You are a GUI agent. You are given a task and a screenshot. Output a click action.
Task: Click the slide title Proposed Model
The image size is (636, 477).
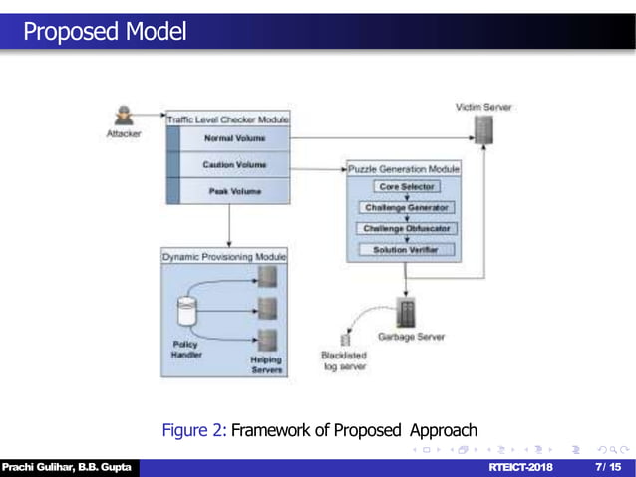pos(105,32)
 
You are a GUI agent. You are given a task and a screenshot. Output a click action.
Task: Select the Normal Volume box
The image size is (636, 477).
pos(234,138)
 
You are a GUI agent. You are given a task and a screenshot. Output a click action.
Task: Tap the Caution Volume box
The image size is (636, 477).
pos(234,164)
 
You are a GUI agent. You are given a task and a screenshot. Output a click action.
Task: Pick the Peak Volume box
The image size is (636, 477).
pos(234,190)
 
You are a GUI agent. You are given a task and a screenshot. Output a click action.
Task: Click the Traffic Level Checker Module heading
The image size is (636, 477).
pos(228,119)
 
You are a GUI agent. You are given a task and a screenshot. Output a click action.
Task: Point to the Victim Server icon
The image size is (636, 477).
pos(483,128)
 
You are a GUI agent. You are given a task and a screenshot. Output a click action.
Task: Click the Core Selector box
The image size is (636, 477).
pos(405,187)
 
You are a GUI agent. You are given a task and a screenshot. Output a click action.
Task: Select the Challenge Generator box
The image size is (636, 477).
pos(405,208)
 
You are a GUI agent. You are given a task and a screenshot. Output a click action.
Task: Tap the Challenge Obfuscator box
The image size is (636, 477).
pos(405,229)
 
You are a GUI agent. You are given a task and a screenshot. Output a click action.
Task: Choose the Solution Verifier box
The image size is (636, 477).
pos(405,250)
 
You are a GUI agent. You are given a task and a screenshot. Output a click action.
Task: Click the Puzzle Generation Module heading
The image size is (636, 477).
pos(404,169)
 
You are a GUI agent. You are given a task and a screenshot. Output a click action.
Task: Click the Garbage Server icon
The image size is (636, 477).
pos(407,314)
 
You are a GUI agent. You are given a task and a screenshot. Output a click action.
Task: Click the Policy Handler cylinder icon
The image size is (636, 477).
pos(184,312)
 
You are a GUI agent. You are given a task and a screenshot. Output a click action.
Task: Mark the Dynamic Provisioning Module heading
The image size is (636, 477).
pos(223,257)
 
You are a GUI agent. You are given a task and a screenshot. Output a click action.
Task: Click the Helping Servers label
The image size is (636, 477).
pos(266,364)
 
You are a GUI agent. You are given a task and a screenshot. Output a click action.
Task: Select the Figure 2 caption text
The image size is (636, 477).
pos(319,430)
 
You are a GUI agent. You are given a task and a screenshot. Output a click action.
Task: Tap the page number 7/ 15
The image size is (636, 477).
pos(607,467)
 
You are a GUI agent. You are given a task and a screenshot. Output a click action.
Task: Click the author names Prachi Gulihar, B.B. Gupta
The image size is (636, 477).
pos(67,467)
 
